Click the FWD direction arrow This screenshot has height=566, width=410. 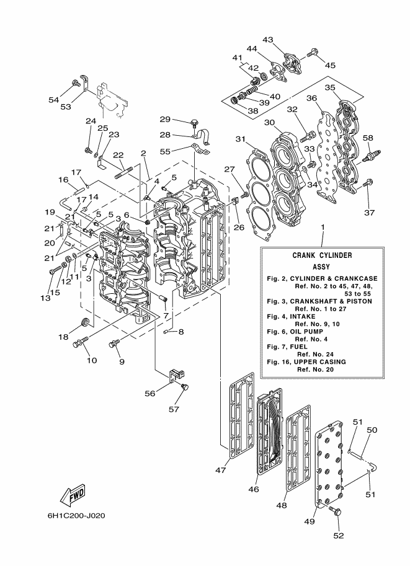pos(73,495)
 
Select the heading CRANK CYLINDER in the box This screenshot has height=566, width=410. pos(323,255)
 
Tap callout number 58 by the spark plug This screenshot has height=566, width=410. pos(368,138)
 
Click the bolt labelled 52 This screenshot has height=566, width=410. pos(336,512)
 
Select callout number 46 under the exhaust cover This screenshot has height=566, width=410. pos(253,489)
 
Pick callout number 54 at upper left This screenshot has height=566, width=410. pos(54,99)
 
